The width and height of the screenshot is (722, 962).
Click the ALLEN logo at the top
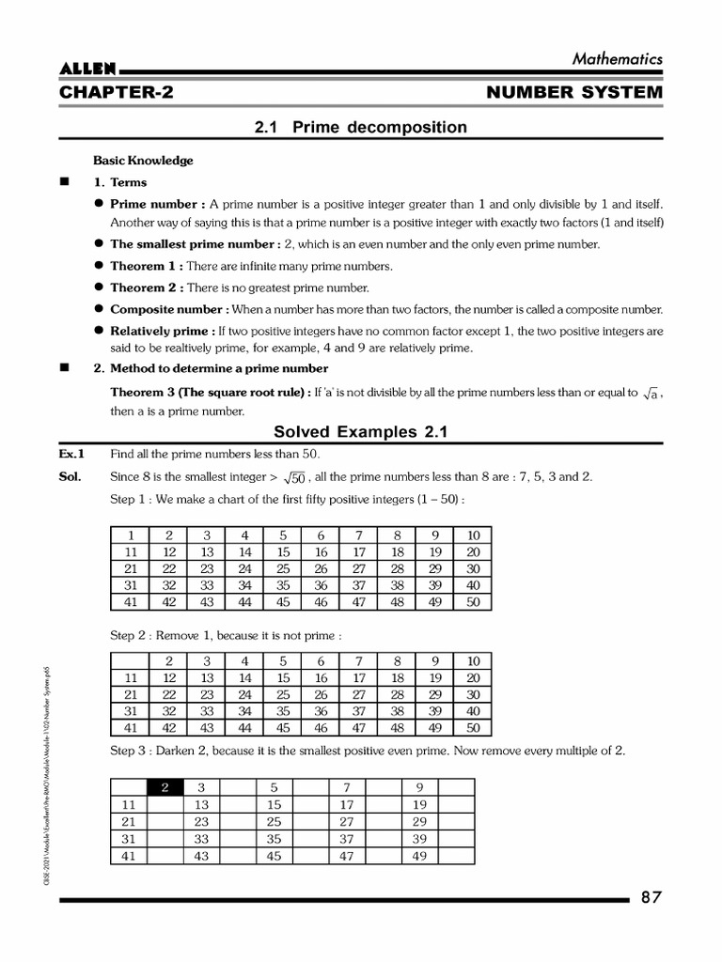coord(87,70)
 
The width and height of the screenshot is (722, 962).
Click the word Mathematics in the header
coord(618,58)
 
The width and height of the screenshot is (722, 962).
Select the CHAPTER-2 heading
coord(116,93)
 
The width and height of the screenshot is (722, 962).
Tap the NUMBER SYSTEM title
coord(574,93)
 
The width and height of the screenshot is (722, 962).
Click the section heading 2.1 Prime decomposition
coord(360,127)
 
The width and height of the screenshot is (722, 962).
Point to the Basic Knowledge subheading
coord(143,161)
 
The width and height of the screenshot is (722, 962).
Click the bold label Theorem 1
coord(146,266)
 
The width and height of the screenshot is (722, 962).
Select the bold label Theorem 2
coord(146,287)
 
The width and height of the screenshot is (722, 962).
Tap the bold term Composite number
coord(168,309)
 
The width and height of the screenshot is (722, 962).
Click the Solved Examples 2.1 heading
coord(360,432)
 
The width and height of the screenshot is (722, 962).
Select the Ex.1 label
coord(73,454)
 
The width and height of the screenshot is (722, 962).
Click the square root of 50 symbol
coord(295,478)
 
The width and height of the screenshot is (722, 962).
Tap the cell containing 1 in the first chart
coord(131,535)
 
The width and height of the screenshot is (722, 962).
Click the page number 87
coord(651,897)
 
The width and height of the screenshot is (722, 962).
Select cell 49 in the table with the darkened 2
coord(420,855)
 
